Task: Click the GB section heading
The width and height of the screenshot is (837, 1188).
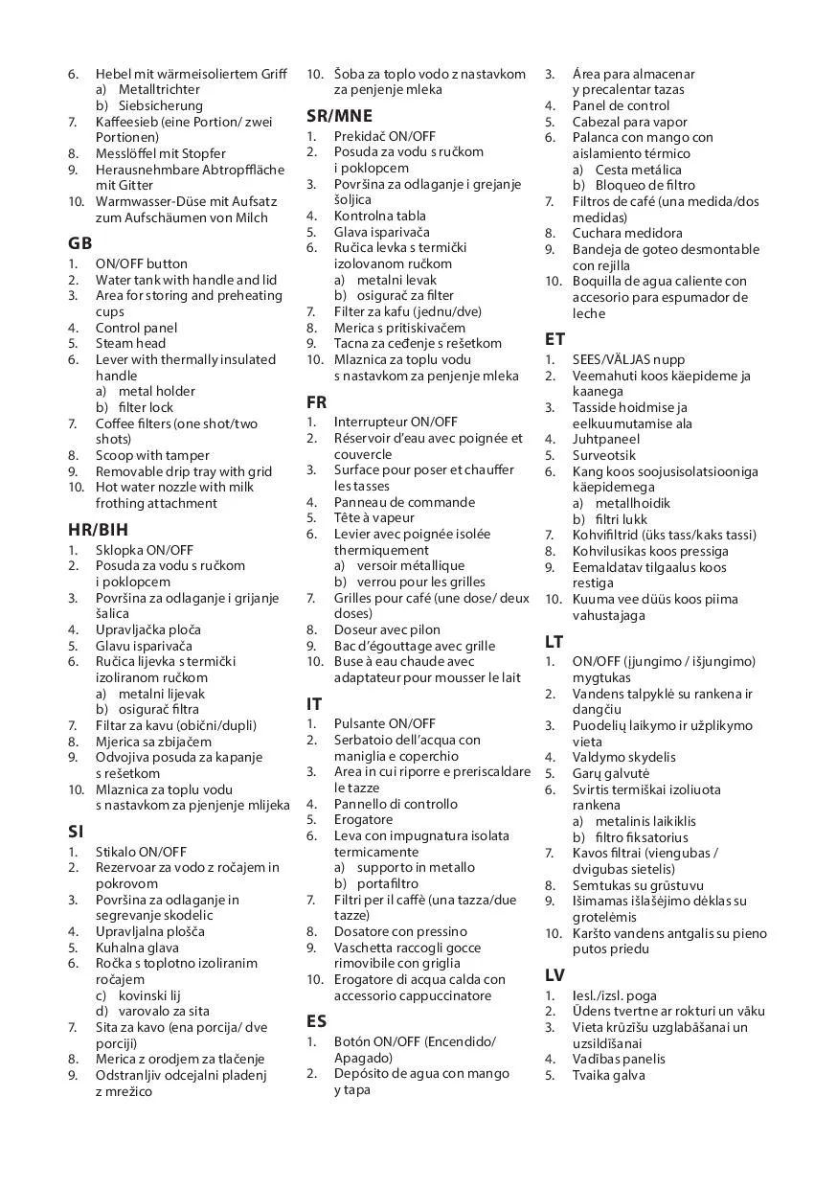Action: pyautogui.click(x=79, y=242)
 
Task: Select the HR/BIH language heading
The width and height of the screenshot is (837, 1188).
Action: pyautogui.click(x=98, y=529)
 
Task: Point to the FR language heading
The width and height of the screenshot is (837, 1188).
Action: pyautogui.click(x=316, y=400)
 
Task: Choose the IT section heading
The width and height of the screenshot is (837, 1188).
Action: pyautogui.click(x=314, y=703)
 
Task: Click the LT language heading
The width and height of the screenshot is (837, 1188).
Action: pyautogui.click(x=554, y=641)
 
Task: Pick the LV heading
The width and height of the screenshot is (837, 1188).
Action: pyautogui.click(x=554, y=975)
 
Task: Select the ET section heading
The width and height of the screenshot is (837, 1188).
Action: pyautogui.click(x=554, y=338)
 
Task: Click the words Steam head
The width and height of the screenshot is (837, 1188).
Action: pyautogui.click(x=130, y=343)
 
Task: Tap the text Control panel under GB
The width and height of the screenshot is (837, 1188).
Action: pyautogui.click(x=136, y=328)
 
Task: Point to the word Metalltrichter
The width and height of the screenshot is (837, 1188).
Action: pyautogui.click(x=159, y=89)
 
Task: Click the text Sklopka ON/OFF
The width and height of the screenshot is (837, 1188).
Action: pyautogui.click(x=144, y=550)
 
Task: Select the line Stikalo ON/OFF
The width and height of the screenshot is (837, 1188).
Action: pyautogui.click(x=141, y=851)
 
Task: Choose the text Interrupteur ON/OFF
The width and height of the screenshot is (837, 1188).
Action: pyautogui.click(x=396, y=422)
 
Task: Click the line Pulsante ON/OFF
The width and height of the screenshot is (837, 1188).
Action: pyautogui.click(x=384, y=723)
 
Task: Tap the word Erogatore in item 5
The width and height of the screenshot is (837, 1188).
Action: pyautogui.click(x=363, y=819)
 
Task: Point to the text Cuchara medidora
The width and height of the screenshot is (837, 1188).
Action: pyautogui.click(x=627, y=233)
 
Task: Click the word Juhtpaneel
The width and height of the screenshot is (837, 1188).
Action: pyautogui.click(x=606, y=439)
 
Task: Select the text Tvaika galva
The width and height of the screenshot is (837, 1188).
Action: pyautogui.click(x=609, y=1075)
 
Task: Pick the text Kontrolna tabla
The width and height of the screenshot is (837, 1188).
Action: pyautogui.click(x=380, y=216)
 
